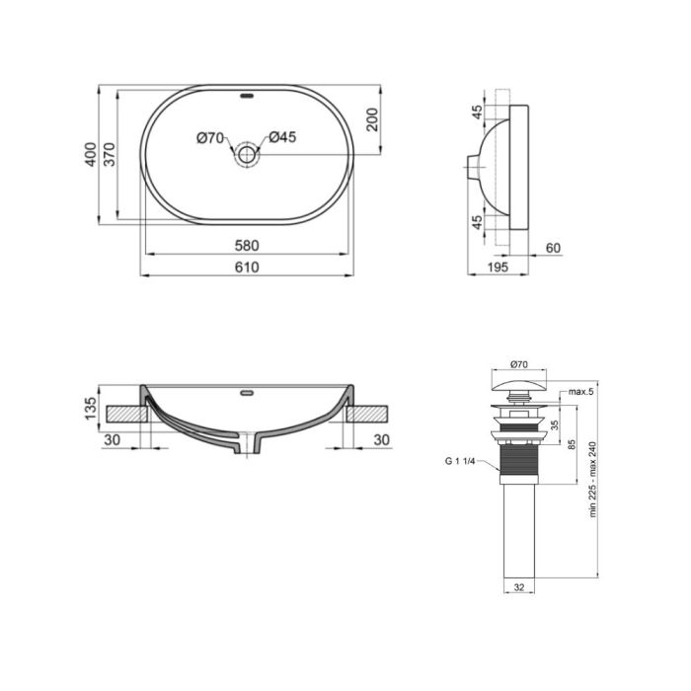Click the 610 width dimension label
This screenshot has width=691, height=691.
click(246, 268)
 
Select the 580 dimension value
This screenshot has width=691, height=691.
click(246, 244)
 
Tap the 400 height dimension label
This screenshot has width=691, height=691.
click(90, 155)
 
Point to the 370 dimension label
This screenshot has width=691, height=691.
click(111, 155)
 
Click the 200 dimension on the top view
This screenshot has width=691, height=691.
click(372, 120)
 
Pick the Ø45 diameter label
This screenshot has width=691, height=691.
click(282, 138)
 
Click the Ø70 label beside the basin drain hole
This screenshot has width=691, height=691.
click(210, 138)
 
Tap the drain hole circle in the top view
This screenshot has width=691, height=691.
click(246, 155)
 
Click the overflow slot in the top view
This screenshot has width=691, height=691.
click(246, 98)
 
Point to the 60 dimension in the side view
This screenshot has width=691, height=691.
click(552, 247)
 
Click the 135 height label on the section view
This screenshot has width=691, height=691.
click(91, 409)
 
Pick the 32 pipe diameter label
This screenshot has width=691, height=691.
click(519, 587)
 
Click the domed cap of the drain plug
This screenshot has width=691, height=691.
click(519, 383)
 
